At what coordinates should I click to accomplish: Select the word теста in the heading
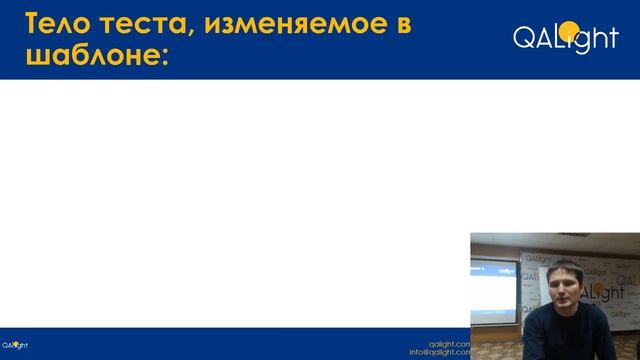coord(146,24)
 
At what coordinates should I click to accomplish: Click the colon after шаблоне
coord(159,58)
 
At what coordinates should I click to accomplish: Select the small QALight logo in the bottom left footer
coord(15,345)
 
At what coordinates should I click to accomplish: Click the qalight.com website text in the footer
coord(449,343)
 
